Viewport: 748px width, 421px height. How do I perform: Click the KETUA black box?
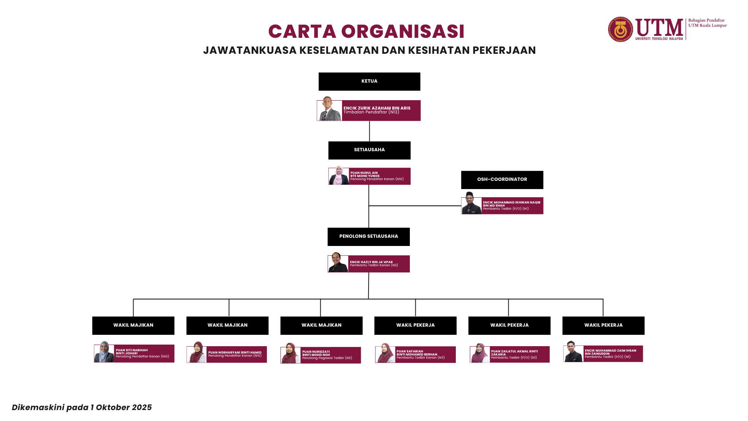(x=369, y=81)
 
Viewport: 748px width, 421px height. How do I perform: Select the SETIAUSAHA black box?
(x=369, y=150)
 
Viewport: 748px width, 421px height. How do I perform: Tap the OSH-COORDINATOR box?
(x=502, y=180)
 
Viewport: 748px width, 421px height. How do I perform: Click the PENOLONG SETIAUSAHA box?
(x=369, y=237)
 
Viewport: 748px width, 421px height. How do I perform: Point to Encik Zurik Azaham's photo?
(x=329, y=110)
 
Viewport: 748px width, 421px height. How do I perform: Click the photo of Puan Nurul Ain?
(x=339, y=176)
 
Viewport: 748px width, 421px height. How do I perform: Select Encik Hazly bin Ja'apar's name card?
(x=378, y=264)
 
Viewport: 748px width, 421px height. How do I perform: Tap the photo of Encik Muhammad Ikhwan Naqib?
(x=471, y=204)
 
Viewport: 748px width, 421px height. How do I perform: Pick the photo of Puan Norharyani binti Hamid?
(x=197, y=353)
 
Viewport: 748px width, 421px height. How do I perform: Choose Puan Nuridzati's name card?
(x=330, y=355)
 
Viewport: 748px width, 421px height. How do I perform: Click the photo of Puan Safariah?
(x=385, y=353)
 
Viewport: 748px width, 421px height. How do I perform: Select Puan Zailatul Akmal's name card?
(x=519, y=354)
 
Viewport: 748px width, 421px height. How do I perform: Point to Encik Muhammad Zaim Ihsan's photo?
(x=573, y=352)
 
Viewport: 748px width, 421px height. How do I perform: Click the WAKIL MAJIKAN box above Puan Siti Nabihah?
(x=133, y=325)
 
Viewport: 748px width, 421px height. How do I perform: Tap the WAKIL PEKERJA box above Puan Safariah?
(x=415, y=325)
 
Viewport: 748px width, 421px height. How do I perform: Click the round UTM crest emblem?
(x=621, y=29)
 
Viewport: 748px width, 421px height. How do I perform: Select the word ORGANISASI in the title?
(x=403, y=32)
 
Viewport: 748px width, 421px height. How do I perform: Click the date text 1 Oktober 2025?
(x=121, y=407)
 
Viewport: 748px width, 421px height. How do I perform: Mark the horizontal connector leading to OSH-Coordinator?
(x=415, y=205)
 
